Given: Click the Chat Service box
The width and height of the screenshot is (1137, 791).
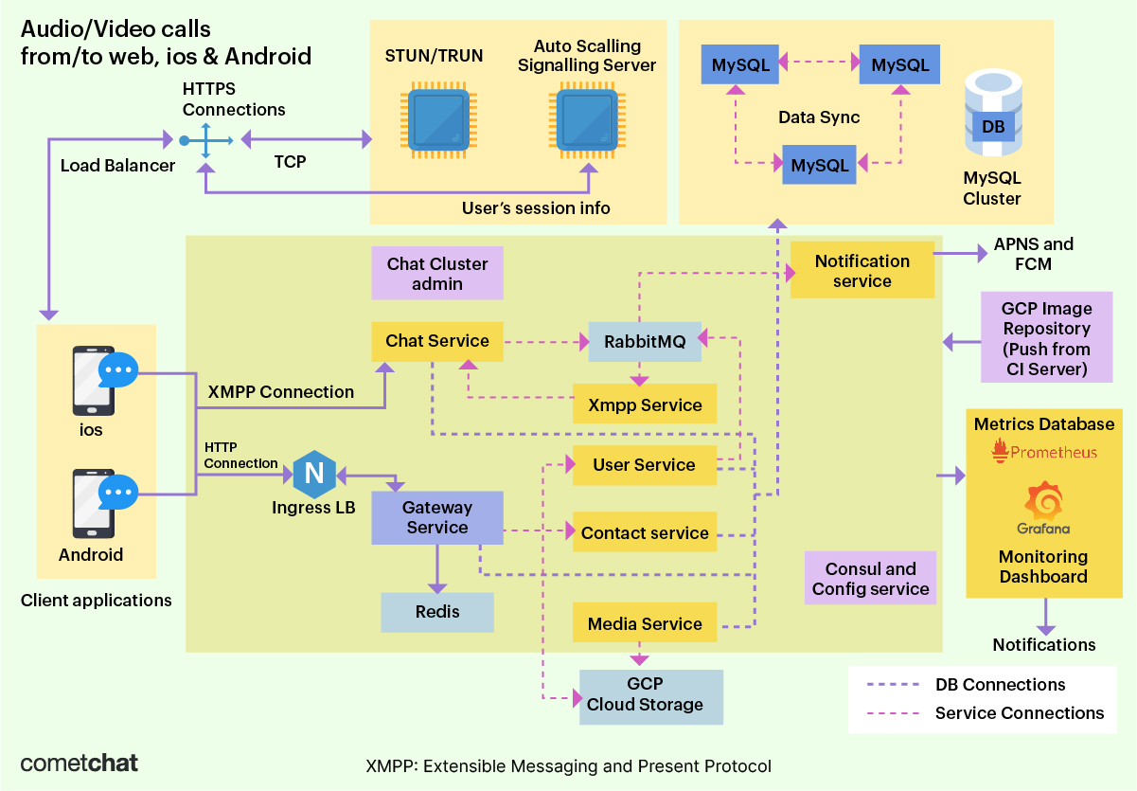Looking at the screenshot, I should click(x=437, y=341).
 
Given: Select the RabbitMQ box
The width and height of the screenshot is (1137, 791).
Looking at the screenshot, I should click(x=644, y=342).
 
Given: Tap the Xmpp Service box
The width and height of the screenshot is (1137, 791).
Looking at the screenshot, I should click(x=645, y=405).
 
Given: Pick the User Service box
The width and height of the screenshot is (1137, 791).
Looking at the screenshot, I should click(x=644, y=465).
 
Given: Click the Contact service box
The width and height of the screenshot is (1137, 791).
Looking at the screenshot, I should click(x=645, y=533).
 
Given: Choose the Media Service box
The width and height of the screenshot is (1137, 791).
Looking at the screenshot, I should click(x=645, y=624).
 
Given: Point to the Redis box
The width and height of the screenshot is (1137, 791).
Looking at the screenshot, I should click(x=437, y=612).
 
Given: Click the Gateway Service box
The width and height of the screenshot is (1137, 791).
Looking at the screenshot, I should click(x=436, y=517).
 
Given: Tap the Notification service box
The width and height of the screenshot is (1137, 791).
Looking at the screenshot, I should click(x=862, y=270).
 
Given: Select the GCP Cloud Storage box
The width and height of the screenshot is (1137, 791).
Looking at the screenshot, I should click(x=650, y=694).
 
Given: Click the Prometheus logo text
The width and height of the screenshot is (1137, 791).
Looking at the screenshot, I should click(x=1044, y=452).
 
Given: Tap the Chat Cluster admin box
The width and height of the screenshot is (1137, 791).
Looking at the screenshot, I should click(x=437, y=274).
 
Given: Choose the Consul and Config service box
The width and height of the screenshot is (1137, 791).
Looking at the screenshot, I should click(x=870, y=579).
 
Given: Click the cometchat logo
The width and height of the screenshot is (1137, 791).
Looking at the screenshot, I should click(x=80, y=763).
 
